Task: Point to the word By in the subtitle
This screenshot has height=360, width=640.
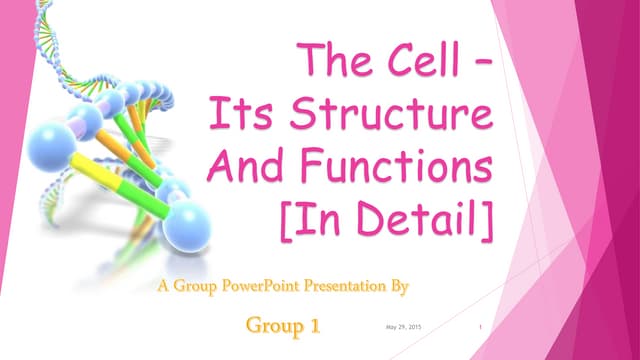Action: [x=400, y=289]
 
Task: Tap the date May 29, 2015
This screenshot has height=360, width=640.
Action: [x=402, y=328]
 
